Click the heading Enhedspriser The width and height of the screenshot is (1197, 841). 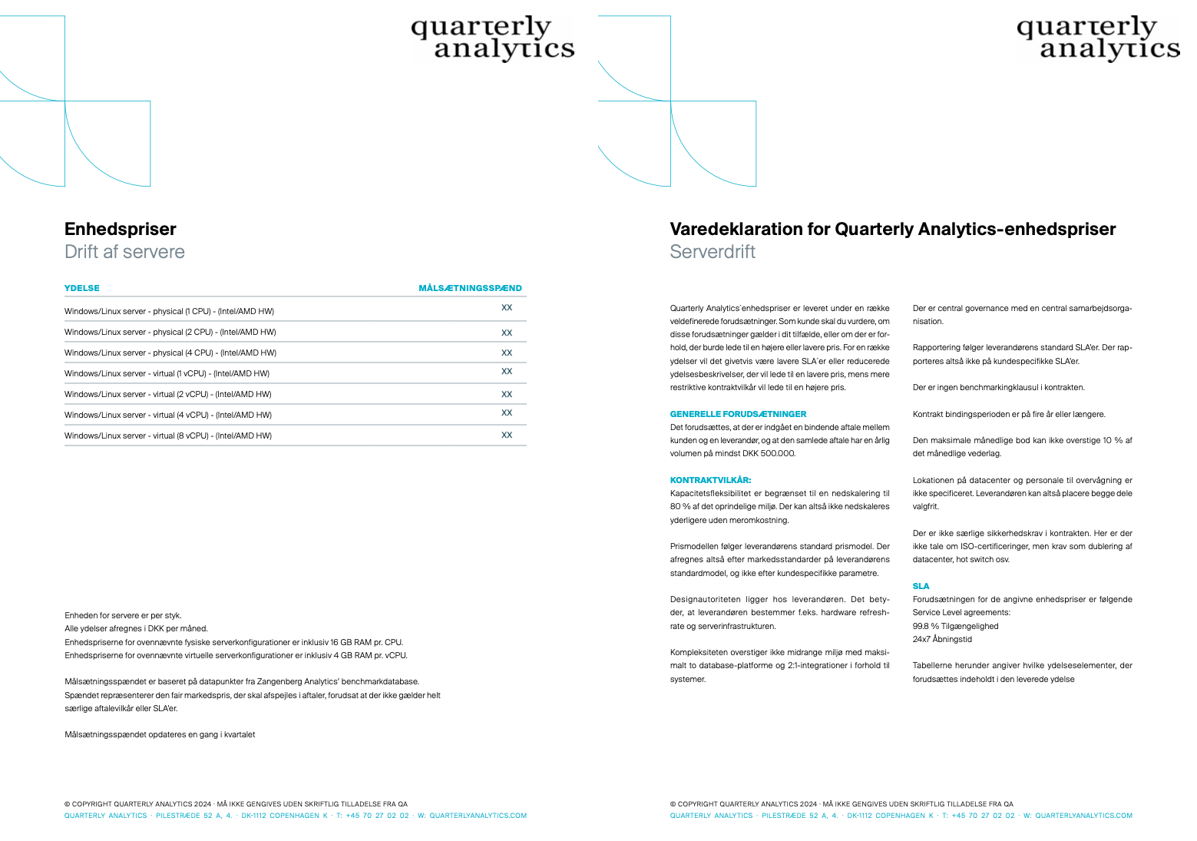121,229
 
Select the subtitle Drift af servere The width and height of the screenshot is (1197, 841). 124,252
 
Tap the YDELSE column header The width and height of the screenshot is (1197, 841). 82,289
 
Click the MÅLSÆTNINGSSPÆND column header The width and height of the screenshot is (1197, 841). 470,289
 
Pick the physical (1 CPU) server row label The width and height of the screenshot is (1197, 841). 169,312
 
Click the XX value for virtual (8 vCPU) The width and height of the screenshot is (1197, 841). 507,435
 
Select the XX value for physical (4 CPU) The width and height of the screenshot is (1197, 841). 507,353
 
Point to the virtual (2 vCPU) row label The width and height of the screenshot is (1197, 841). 168,395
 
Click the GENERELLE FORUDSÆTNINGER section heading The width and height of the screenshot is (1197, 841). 738,414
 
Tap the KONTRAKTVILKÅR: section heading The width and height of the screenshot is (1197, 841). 710,480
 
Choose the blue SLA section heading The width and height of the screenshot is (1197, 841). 921,586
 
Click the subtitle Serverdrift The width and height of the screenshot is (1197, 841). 713,252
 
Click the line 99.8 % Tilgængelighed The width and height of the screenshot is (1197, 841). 955,626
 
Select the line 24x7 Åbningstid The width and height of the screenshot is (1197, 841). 942,639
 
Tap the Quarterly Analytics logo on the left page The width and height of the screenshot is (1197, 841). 492,38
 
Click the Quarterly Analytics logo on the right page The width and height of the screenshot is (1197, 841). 1098,38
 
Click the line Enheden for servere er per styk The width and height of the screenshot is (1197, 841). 123,615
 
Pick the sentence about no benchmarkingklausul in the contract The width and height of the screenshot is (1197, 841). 998,388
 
